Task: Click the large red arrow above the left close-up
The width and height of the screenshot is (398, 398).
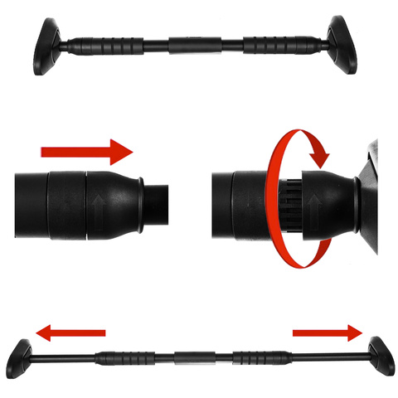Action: (x=86, y=153)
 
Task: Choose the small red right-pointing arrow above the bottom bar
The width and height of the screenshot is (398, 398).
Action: (x=328, y=333)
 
